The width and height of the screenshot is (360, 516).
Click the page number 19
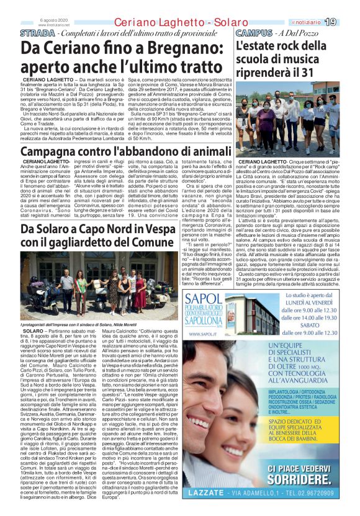coord(348,22)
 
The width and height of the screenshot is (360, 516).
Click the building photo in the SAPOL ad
coord(253,314)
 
